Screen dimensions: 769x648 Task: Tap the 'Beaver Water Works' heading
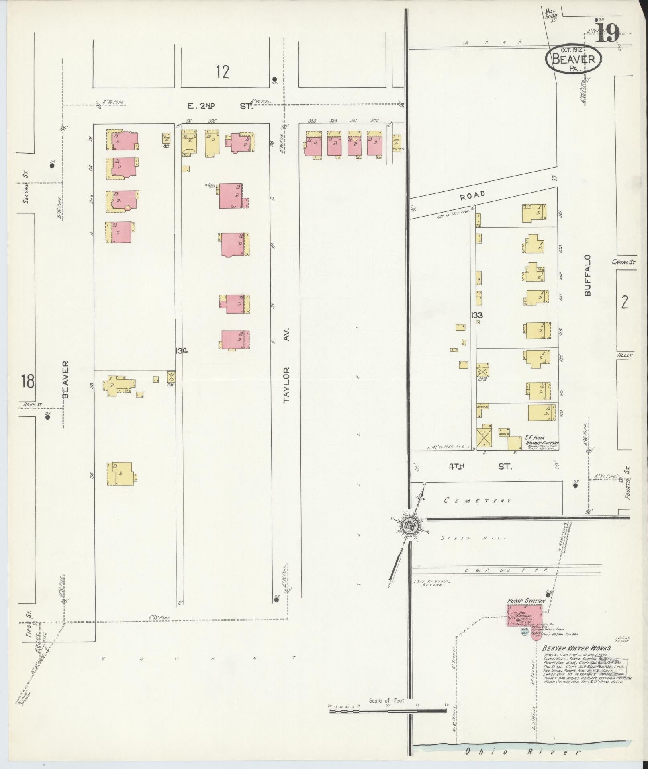(x=576, y=648)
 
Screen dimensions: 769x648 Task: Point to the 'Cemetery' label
(x=477, y=500)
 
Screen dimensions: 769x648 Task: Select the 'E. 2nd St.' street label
(x=219, y=106)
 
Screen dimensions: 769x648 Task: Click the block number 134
(x=182, y=351)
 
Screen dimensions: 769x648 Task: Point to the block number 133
(x=477, y=316)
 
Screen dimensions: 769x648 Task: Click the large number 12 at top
(x=222, y=72)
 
